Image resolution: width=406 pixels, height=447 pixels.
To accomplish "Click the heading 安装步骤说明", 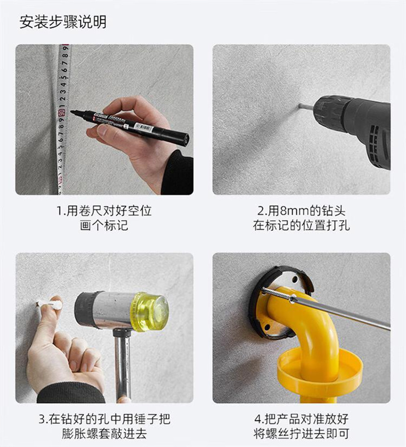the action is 63,22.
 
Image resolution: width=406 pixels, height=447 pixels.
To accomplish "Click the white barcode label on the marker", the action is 143,127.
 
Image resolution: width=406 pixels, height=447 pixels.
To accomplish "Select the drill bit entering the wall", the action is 305,107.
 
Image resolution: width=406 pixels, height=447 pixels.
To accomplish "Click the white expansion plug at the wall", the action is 51,303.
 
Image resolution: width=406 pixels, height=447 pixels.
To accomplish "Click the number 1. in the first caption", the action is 61,211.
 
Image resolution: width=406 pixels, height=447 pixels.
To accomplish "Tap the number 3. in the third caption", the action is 43,419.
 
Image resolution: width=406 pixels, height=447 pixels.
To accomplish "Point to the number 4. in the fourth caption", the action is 259,419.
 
